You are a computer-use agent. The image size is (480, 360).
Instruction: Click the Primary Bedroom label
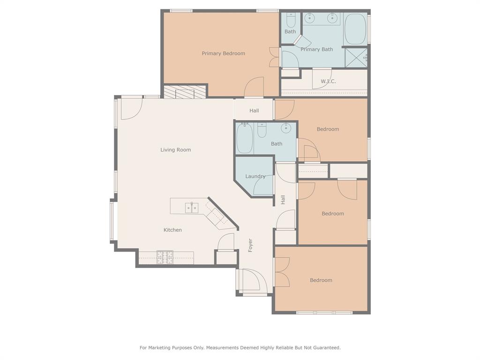tap(223, 53)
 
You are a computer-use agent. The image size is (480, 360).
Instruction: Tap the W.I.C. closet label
tap(328, 82)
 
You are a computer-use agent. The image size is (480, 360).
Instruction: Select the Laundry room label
tap(255, 176)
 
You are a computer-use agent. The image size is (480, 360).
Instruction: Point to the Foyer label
tap(250, 246)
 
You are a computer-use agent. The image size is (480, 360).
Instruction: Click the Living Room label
tap(175, 150)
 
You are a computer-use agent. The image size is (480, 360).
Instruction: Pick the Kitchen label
tap(172, 230)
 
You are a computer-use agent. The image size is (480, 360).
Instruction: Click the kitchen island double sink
tap(192, 208)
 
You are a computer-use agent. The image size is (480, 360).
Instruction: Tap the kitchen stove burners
tap(165, 257)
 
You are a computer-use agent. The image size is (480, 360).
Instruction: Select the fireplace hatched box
tap(184, 92)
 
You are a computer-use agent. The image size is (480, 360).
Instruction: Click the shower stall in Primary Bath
tap(356, 58)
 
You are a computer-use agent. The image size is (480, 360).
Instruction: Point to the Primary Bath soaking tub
tap(355, 29)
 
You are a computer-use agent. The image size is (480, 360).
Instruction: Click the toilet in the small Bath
tap(290, 20)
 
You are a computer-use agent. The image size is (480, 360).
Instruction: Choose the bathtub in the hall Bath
tap(244, 138)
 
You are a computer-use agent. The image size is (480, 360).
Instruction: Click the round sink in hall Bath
tap(286, 128)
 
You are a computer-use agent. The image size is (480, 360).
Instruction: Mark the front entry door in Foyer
tap(251, 280)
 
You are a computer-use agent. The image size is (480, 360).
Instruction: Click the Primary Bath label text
tap(316, 49)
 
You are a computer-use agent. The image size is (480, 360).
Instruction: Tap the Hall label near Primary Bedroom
tap(254, 111)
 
